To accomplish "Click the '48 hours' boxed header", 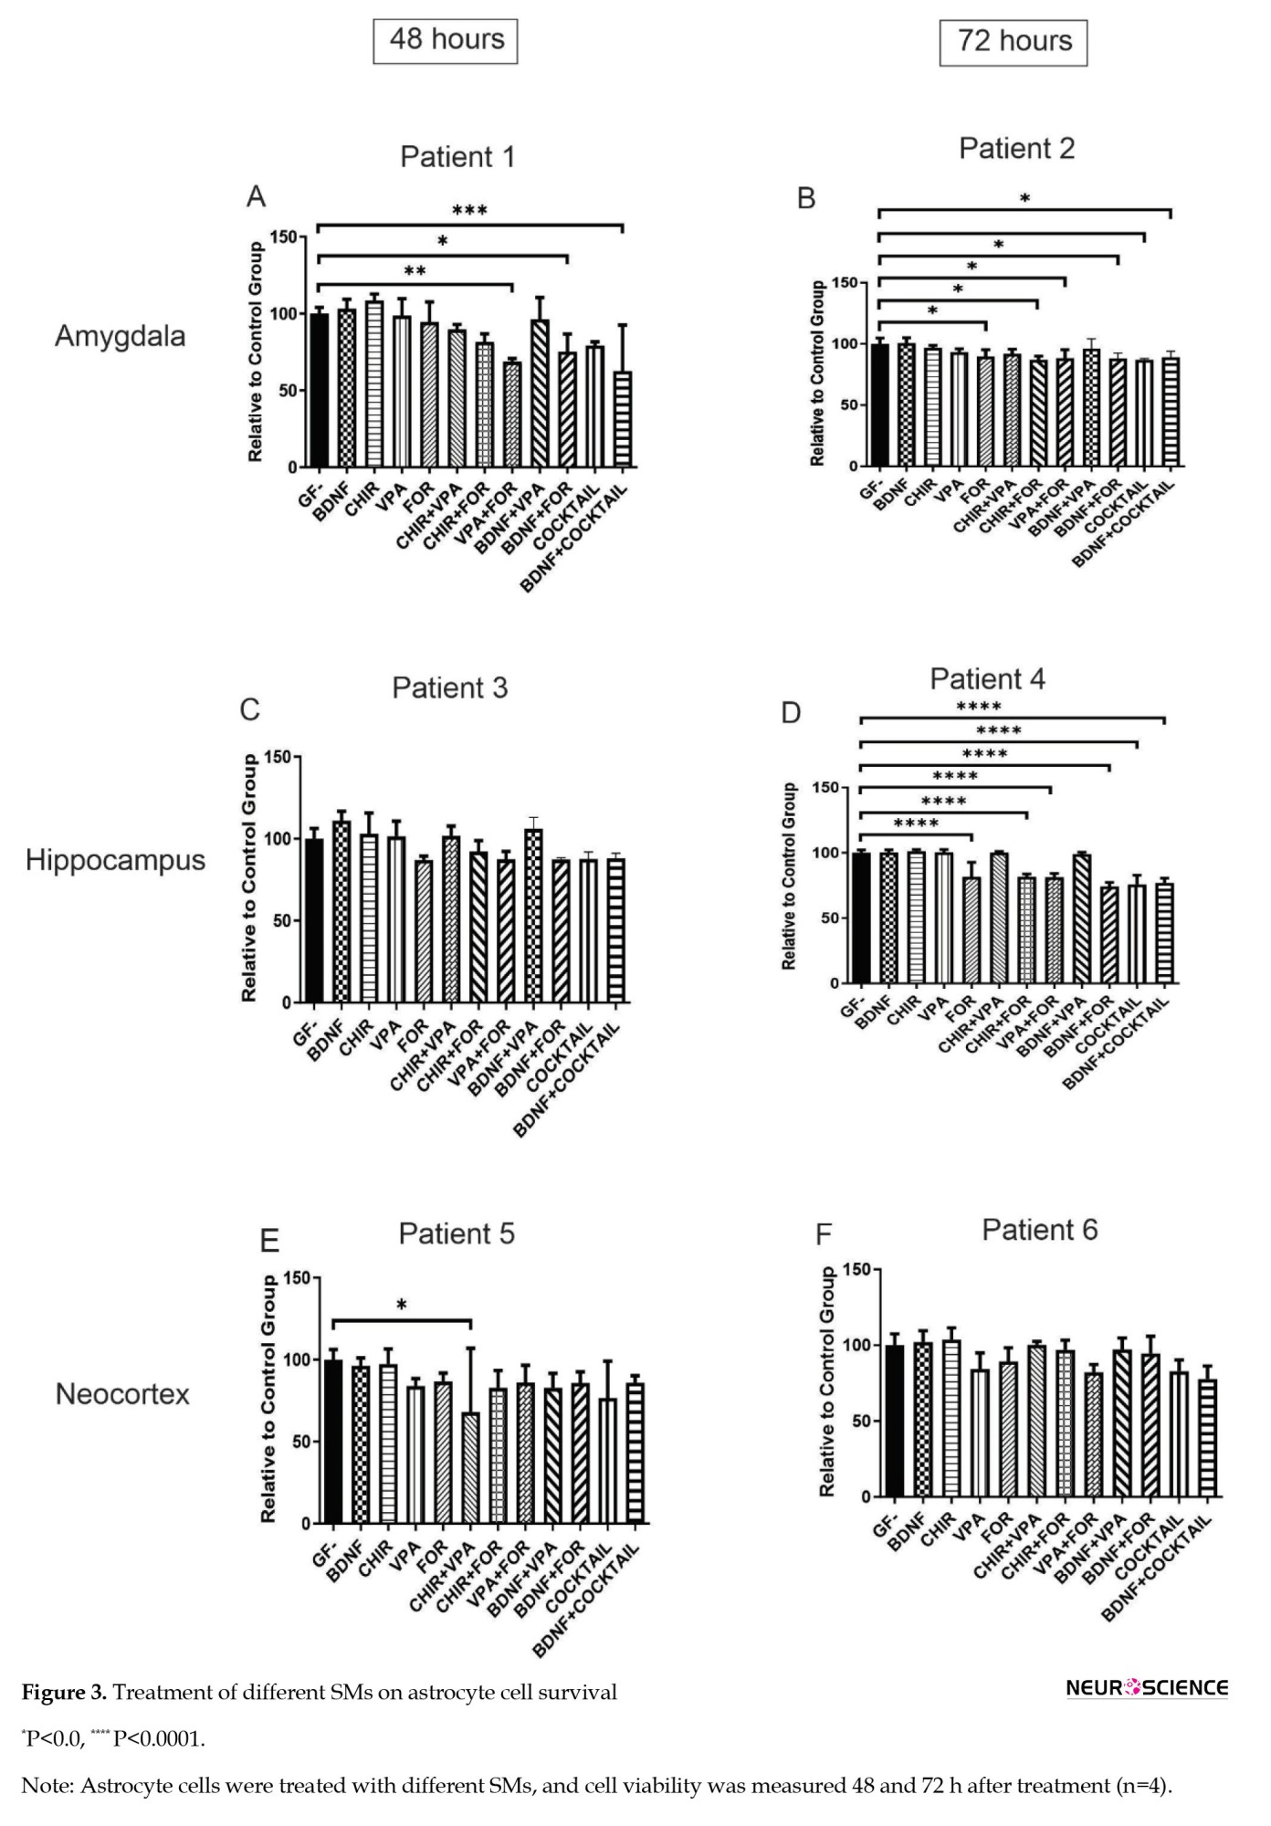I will (x=446, y=40).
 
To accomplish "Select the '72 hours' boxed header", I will (x=1014, y=42).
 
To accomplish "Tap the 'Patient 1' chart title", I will (x=457, y=157).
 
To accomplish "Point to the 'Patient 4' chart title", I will (x=987, y=679).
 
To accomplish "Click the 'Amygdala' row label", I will (x=120, y=336).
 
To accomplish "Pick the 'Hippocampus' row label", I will (x=115, y=860).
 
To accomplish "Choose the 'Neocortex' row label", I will (x=122, y=1394).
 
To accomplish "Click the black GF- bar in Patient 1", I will (x=319, y=391).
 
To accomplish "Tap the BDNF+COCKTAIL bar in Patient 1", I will (x=623, y=419).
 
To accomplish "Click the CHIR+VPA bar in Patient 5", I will (x=470, y=1468).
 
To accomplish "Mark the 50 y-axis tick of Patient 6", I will (x=859, y=1422).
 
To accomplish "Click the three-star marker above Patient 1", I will (x=469, y=211).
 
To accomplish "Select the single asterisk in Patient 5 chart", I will (x=402, y=1306).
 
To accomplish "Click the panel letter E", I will (x=269, y=1241).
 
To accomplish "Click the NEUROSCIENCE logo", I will (x=1147, y=1687).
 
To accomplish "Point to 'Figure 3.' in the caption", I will (x=64, y=1693).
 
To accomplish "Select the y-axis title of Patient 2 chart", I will (x=817, y=373).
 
